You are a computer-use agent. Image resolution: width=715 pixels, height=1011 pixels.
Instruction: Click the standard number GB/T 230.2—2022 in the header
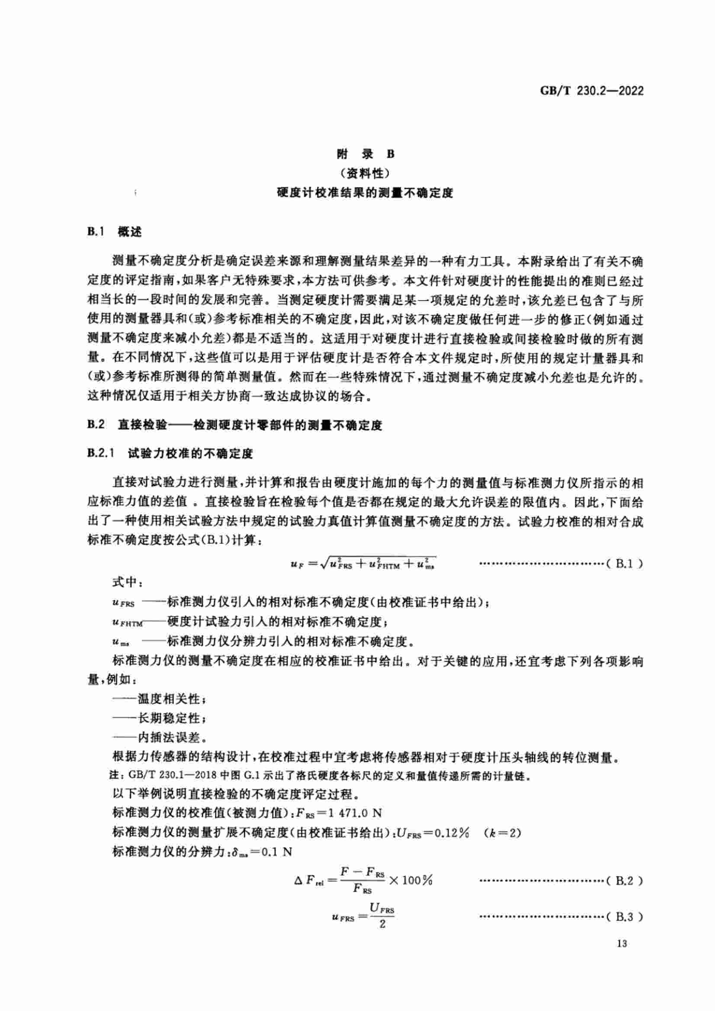coord(591,91)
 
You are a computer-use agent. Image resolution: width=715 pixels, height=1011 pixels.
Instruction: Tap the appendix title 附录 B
coord(365,154)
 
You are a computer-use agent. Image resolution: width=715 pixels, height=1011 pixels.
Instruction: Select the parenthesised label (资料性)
coord(365,173)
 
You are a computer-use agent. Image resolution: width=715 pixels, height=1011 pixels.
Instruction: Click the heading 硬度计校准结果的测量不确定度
coord(365,193)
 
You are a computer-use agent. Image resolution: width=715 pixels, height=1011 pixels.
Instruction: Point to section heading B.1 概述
coord(115,232)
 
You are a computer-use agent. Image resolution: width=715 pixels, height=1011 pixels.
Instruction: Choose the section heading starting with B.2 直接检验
coord(234,425)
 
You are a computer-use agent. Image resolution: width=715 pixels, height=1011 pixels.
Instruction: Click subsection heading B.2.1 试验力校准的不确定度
coord(170,453)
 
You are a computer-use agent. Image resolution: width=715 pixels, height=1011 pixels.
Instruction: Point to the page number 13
coord(622,956)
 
